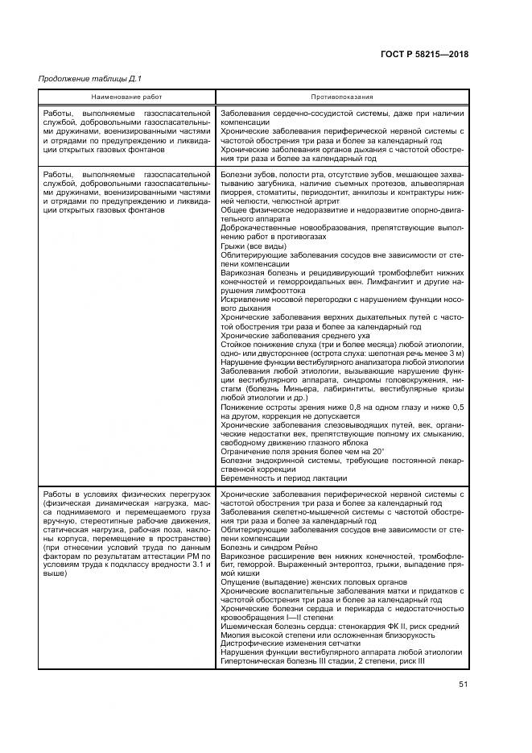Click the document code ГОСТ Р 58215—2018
423,55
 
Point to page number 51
463,685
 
